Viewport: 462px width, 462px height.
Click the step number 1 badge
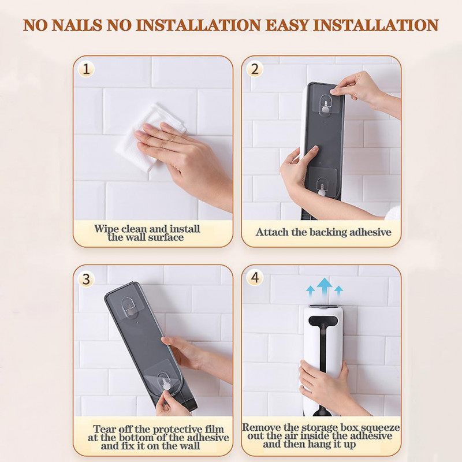[86, 69]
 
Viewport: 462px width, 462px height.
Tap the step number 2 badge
[255, 69]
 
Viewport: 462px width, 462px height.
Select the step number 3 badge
[86, 279]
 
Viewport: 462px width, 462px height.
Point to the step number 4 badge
[255, 278]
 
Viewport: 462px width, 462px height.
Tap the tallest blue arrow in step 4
[325, 287]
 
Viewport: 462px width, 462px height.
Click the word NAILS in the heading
[77, 25]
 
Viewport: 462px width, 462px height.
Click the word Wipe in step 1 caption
[106, 229]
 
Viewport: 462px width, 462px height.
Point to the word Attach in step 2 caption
[272, 232]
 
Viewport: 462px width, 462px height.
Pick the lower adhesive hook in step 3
[164, 379]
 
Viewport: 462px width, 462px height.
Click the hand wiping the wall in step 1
[182, 159]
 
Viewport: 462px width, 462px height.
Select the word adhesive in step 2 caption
[370, 232]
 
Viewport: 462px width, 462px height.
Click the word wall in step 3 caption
[189, 445]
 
